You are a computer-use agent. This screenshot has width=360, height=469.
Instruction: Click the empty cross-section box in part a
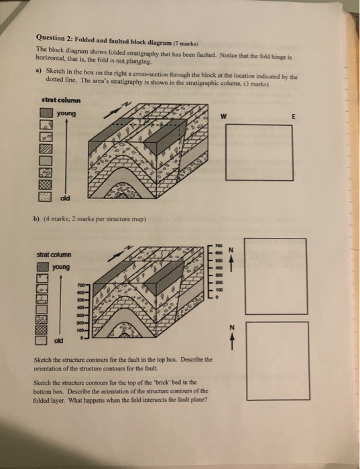coord(264,152)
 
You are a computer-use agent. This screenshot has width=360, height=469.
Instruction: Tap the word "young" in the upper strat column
coord(66,114)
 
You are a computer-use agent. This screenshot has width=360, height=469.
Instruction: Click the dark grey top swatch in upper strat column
coord(46,114)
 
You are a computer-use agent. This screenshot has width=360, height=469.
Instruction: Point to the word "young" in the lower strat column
coord(62,267)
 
